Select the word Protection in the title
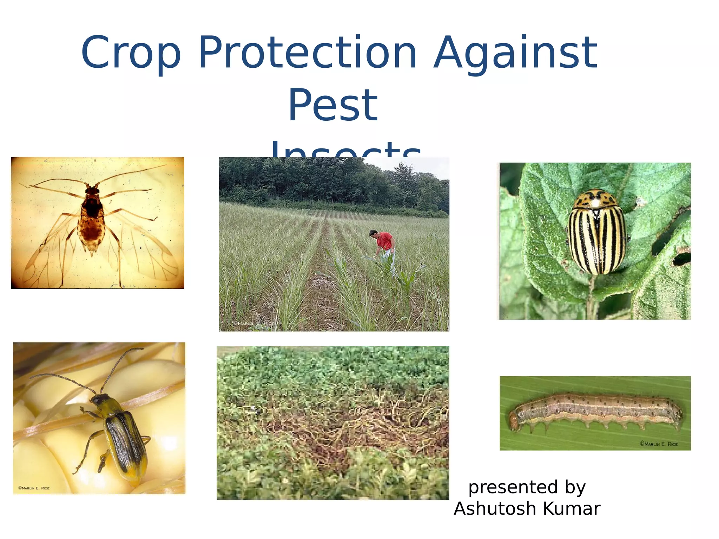coord(308,53)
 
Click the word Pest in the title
coord(333,105)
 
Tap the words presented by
coord(527,487)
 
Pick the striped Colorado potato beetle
coord(597,233)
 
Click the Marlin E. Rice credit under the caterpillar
coord(658,444)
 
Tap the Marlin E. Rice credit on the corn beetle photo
coord(34,488)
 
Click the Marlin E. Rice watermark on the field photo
coord(253,323)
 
